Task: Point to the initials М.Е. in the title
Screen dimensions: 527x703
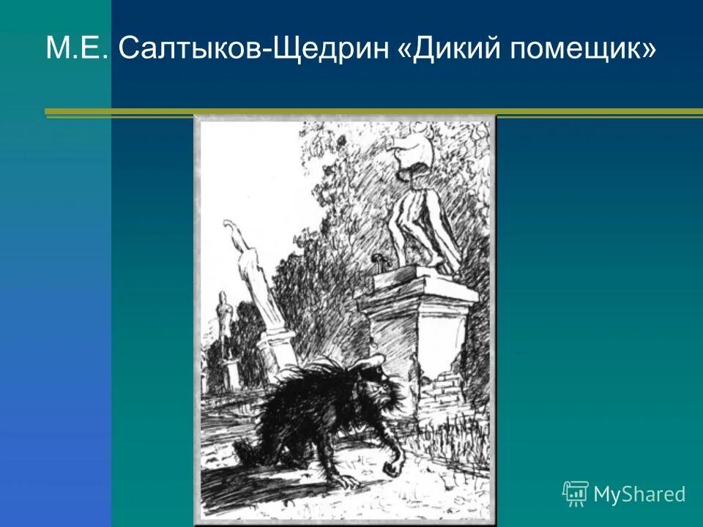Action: click(x=78, y=49)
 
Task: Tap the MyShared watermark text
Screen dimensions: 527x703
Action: click(x=639, y=494)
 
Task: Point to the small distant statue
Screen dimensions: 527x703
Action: click(x=225, y=322)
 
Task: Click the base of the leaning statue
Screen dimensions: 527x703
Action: click(x=277, y=351)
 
